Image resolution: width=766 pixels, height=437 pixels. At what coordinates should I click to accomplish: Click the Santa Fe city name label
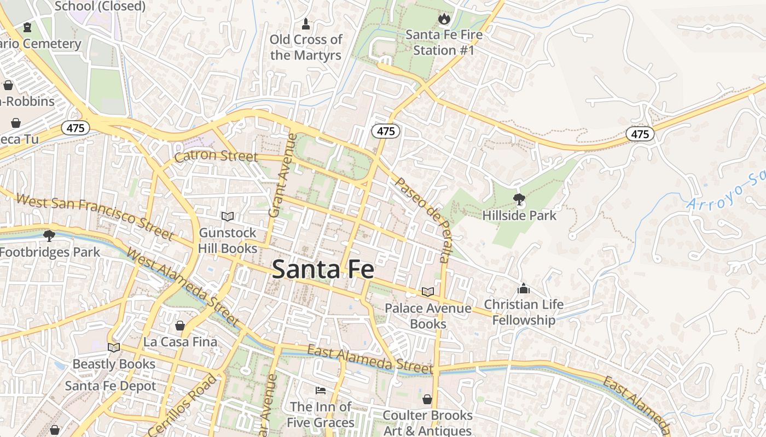[323, 269]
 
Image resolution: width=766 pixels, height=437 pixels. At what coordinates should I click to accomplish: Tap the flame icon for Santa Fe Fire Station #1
[444, 19]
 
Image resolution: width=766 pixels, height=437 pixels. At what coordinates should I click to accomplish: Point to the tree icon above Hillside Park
[519, 199]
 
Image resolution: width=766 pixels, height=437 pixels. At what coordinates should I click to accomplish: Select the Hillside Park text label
[519, 215]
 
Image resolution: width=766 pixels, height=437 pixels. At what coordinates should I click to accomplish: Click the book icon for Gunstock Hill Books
[228, 216]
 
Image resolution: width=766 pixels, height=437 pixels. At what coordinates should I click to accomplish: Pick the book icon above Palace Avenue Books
[427, 292]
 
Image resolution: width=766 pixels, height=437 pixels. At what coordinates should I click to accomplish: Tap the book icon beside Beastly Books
[114, 347]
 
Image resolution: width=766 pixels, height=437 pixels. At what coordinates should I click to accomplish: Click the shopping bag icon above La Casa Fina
[180, 326]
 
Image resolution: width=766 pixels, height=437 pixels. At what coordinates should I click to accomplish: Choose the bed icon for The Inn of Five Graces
[321, 390]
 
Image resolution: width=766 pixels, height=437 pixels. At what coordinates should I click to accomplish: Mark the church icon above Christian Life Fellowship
[524, 288]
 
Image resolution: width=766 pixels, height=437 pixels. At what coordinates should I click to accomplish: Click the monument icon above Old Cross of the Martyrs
[306, 23]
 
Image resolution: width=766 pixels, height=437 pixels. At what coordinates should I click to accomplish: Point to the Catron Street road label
[216, 157]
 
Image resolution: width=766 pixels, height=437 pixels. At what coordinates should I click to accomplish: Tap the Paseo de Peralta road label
[423, 220]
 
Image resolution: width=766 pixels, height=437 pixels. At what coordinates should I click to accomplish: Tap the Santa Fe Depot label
[111, 386]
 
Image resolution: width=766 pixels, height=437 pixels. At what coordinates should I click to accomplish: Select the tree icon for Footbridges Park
[49, 236]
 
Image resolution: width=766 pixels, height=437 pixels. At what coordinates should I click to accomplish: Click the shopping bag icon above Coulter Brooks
[427, 399]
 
